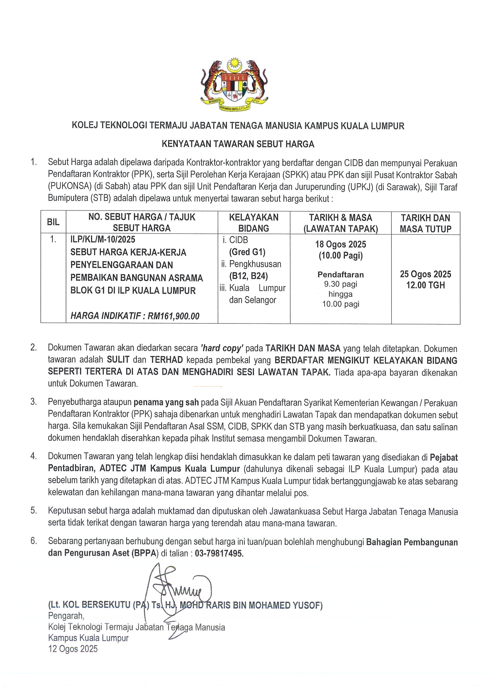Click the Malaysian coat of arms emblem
(x=234, y=85)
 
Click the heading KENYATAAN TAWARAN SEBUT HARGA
(x=238, y=144)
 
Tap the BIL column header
(x=53, y=223)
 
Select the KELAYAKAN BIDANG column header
(x=254, y=223)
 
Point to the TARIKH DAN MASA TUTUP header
(x=425, y=223)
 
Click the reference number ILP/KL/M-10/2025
(x=103, y=239)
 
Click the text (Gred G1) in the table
(x=247, y=252)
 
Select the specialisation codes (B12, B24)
(x=248, y=276)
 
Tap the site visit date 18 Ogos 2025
(x=340, y=244)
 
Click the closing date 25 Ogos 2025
(x=425, y=274)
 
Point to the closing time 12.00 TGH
(x=425, y=285)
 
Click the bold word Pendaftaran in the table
(x=340, y=275)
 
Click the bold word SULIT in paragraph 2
(x=118, y=360)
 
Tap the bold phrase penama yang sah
(x=166, y=402)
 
